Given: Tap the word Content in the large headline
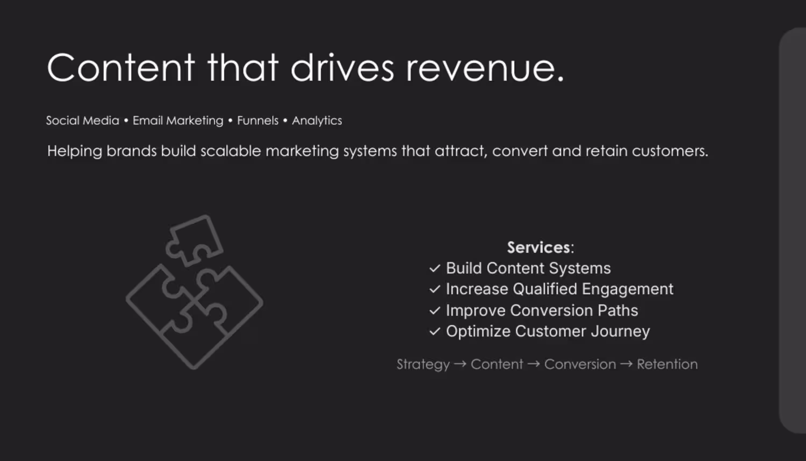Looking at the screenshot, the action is pos(121,67).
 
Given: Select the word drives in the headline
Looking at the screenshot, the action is pos(342,67).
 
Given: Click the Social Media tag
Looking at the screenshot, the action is pos(82,120).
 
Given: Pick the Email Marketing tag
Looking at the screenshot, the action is pos(178,120).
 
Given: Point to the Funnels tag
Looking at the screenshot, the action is pos(257,120).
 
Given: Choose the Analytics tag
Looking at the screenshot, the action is pos(317,120).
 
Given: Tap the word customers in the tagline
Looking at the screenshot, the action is pos(670,151).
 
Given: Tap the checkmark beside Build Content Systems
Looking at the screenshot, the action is pos(435,268).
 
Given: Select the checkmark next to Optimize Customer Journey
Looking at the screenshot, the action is pos(435,331).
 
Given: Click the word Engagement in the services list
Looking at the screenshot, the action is pos(628,289).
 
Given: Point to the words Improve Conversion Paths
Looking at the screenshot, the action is pos(542,310).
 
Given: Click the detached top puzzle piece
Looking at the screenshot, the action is pos(194,240).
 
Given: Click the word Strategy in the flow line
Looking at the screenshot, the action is pos(423,365).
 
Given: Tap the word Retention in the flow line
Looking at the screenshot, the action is pos(667,364).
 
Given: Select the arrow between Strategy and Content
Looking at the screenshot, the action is pos(460,364).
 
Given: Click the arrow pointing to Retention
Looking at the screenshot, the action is pos(627,364).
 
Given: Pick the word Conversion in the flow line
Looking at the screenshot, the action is pos(580,364).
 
